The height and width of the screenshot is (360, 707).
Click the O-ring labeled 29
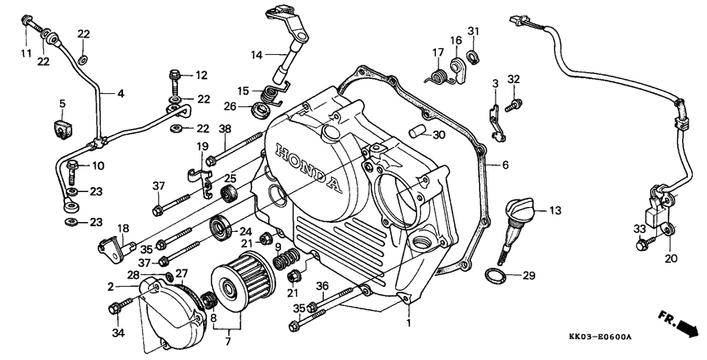click(x=496, y=275)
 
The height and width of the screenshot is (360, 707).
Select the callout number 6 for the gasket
click(x=504, y=165)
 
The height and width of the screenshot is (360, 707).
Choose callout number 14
click(x=256, y=55)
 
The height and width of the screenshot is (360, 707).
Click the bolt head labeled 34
click(x=115, y=308)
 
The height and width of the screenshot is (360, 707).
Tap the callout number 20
click(x=671, y=258)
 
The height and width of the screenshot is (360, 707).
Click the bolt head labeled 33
click(x=642, y=246)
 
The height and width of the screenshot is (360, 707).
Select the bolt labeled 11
click(x=32, y=24)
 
